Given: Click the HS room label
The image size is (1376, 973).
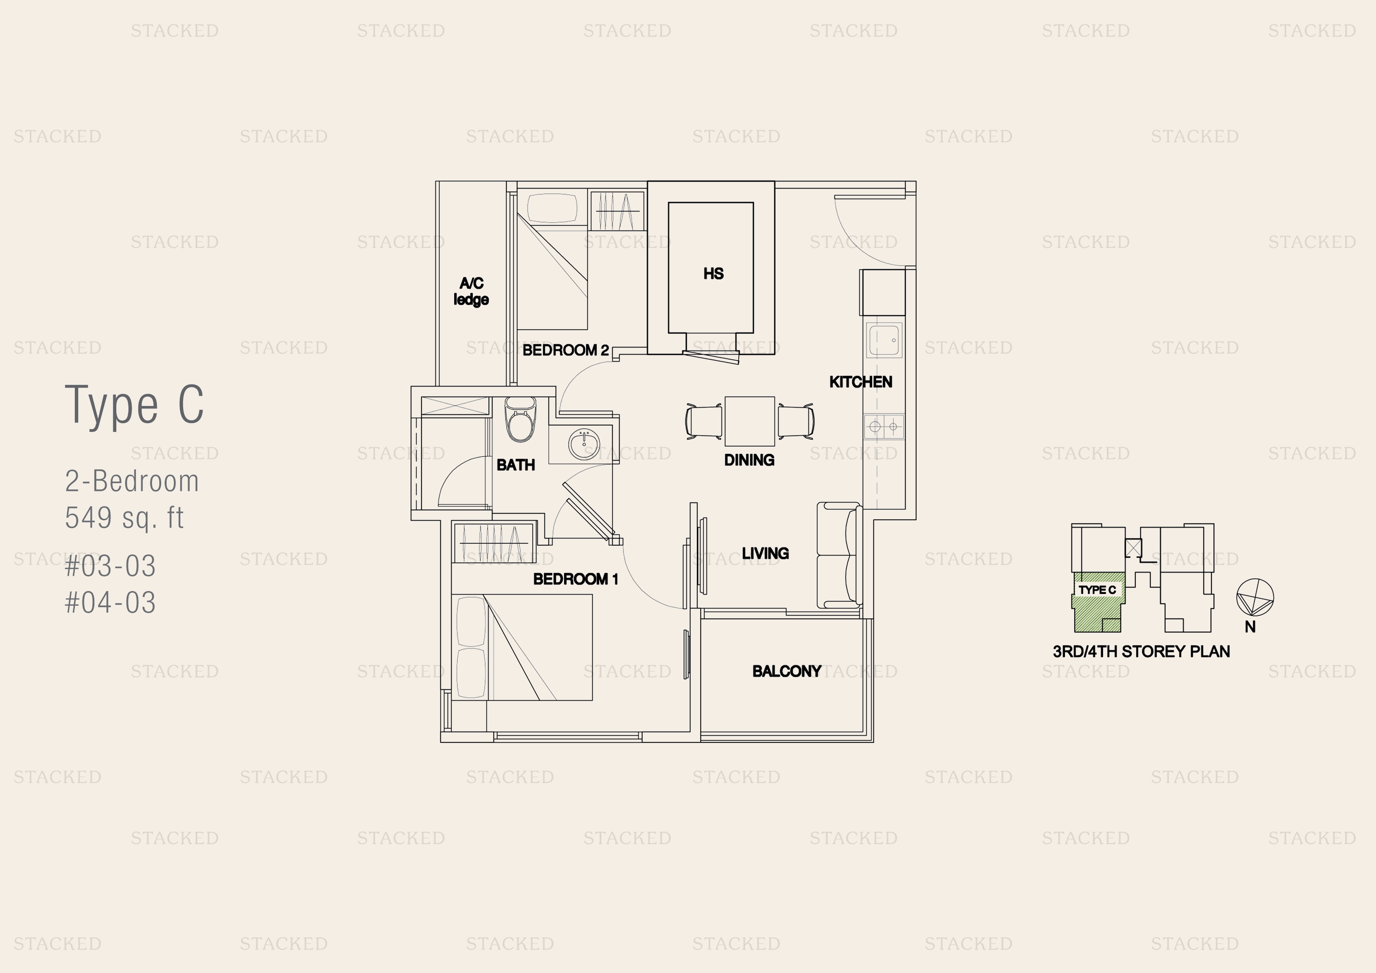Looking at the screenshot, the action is click(713, 273).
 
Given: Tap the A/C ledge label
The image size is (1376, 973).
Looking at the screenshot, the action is click(471, 292).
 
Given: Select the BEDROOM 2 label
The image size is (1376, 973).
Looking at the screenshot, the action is click(566, 350).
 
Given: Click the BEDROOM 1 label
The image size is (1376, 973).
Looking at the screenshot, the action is click(575, 579).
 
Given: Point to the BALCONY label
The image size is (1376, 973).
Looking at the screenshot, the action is click(787, 671).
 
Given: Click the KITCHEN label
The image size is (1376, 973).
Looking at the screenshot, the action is click(861, 382).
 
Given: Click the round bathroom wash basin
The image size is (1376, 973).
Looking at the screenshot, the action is click(584, 444).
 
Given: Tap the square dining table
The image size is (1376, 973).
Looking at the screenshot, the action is click(750, 421).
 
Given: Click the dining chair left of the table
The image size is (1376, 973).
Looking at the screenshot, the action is click(704, 421).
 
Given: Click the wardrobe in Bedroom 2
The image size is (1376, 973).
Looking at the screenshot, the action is click(617, 211).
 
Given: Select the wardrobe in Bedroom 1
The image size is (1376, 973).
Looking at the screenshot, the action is click(494, 543).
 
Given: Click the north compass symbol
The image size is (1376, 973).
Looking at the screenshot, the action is click(1255, 597).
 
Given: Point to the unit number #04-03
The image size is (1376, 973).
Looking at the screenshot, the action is click(110, 603).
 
